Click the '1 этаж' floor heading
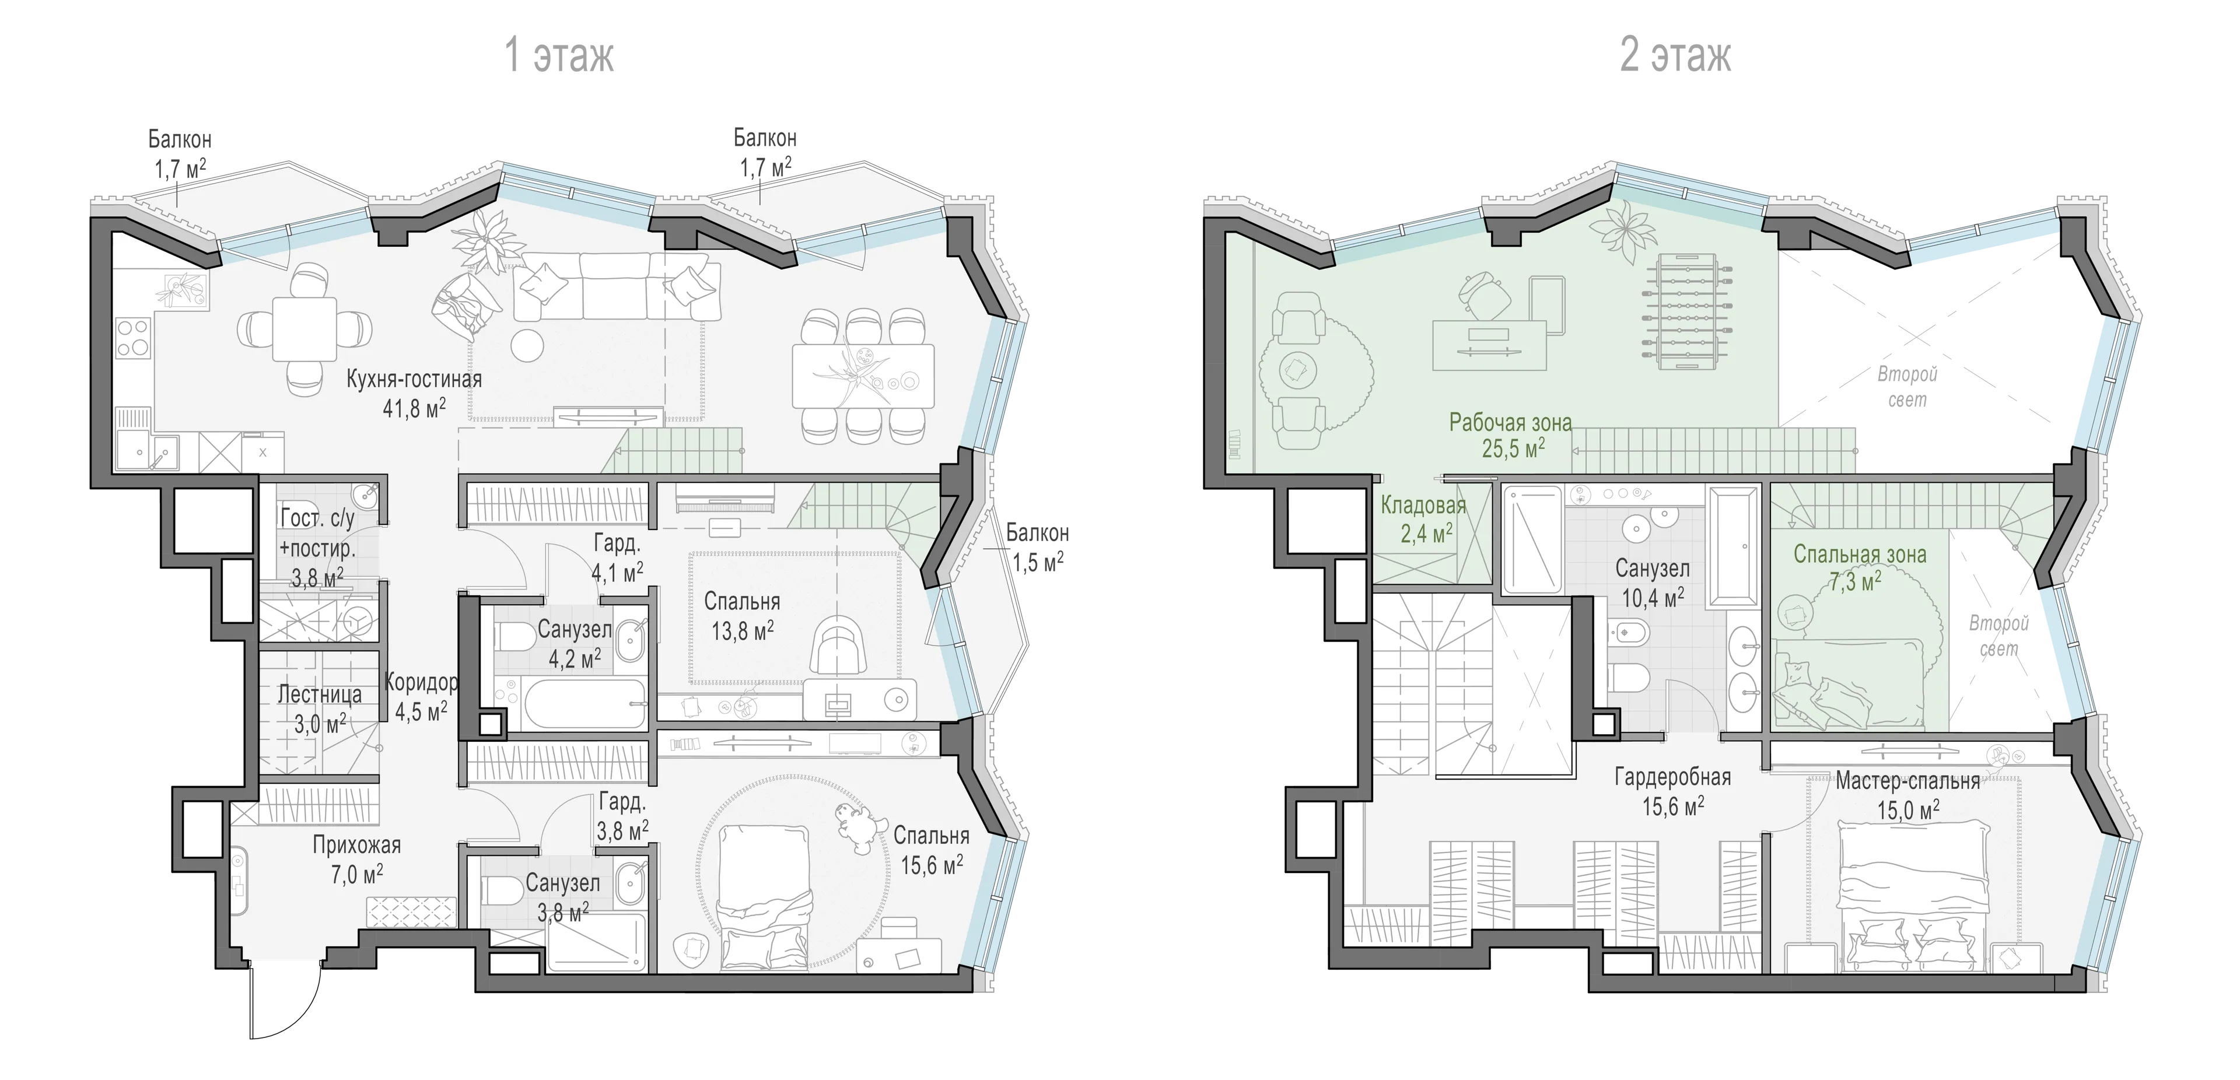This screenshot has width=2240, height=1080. tap(559, 55)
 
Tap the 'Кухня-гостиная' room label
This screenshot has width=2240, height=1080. tap(414, 379)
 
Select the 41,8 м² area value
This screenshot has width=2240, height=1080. tap(415, 407)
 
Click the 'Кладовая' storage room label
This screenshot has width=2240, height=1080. tap(1423, 505)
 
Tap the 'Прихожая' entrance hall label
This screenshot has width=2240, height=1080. tap(356, 845)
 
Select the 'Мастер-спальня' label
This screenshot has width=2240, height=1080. tap(1908, 781)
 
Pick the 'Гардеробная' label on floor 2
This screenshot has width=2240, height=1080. tap(1673, 777)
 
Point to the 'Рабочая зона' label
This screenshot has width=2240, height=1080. tap(1510, 423)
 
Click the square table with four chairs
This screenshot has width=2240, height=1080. tap(304, 329)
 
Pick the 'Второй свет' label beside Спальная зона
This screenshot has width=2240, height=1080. tap(1999, 636)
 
